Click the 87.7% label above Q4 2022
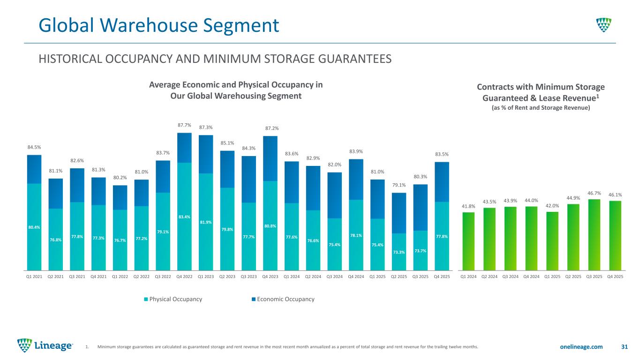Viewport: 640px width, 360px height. [x=184, y=125]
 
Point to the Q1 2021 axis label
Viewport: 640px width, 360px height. [x=34, y=277]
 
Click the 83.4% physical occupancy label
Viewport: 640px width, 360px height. [x=184, y=217]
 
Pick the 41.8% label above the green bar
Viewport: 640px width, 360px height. [x=468, y=206]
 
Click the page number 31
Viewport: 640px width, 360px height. [x=624, y=347]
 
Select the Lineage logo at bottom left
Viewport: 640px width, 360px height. [x=45, y=345]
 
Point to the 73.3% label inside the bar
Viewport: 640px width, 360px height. [x=399, y=252]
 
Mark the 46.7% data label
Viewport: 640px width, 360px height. [x=594, y=193]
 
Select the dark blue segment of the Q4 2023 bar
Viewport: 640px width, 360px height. [x=270, y=158]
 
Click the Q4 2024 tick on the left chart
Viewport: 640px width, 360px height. [x=356, y=277]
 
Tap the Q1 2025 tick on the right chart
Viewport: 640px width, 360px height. [x=552, y=277]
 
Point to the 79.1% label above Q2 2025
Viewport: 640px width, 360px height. [x=399, y=186]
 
